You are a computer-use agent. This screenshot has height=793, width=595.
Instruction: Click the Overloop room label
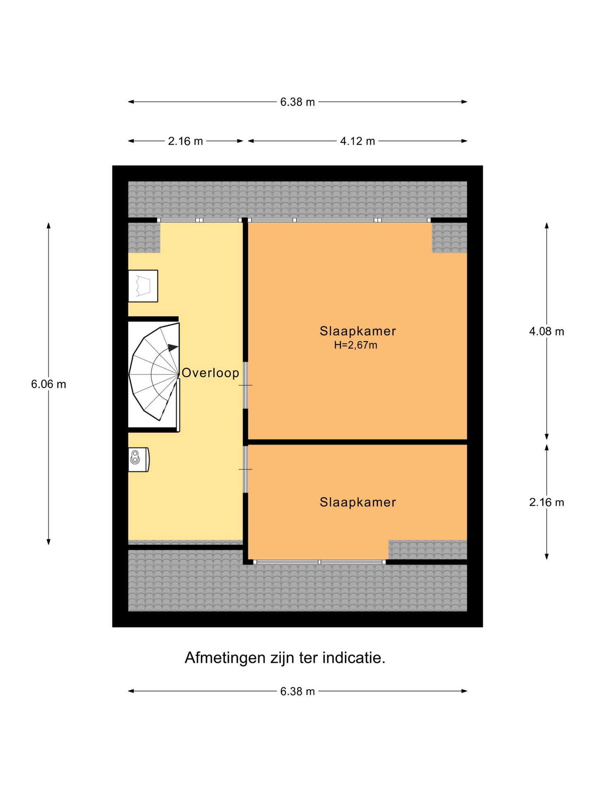[210, 373]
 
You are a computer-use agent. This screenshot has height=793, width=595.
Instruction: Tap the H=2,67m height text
[355, 345]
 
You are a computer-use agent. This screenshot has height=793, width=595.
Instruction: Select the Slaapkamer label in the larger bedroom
[357, 331]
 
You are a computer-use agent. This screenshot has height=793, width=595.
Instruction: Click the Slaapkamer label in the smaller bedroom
[357, 502]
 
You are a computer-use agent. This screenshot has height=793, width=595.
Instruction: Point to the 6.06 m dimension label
[48, 384]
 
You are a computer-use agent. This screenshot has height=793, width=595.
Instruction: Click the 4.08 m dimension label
[546, 331]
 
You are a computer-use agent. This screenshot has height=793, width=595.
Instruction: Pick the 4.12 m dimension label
[357, 141]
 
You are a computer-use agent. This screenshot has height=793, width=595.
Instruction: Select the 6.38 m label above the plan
[297, 102]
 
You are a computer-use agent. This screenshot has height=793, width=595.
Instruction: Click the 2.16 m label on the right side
[546, 502]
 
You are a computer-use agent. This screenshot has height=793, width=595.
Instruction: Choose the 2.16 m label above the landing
[185, 141]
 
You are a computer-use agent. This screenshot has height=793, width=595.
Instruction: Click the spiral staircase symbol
[153, 374]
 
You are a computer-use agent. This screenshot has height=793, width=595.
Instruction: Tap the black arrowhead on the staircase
[173, 347]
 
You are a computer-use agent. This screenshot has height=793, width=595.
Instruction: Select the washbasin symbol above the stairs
[143, 286]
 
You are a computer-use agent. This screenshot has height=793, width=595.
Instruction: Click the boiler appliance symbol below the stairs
[138, 459]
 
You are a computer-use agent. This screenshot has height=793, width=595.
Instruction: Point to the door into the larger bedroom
[245, 385]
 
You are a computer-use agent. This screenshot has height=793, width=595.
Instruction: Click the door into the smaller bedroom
[245, 469]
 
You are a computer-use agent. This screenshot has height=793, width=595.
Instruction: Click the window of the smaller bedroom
[319, 562]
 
